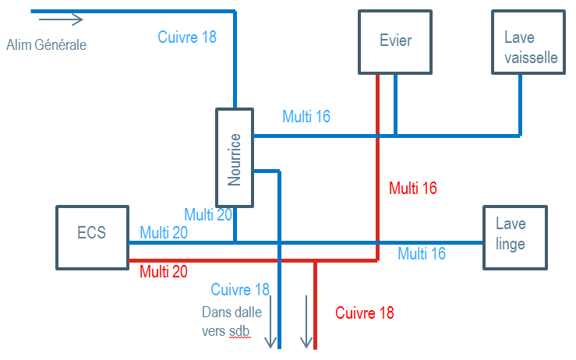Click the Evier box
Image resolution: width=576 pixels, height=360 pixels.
[395, 41]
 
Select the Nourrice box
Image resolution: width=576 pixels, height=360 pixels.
[235, 157]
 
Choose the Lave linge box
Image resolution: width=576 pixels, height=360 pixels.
[514, 237]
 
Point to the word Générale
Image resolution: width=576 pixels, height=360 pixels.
[62, 45]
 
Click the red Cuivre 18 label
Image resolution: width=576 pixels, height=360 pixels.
[365, 313]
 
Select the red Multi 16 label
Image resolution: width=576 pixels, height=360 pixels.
[413, 188]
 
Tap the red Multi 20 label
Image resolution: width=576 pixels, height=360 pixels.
[164, 271]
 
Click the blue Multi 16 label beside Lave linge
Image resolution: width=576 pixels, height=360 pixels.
[422, 253]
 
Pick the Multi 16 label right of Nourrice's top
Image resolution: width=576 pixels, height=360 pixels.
[306, 117]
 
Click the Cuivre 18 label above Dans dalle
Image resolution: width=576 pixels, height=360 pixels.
[240, 290]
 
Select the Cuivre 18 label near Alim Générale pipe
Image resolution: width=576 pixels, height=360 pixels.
[187, 37]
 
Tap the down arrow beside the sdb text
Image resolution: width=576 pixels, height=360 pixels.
[270, 320]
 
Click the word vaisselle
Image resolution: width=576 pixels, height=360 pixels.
[531, 58]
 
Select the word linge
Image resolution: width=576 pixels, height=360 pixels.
[511, 244]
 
